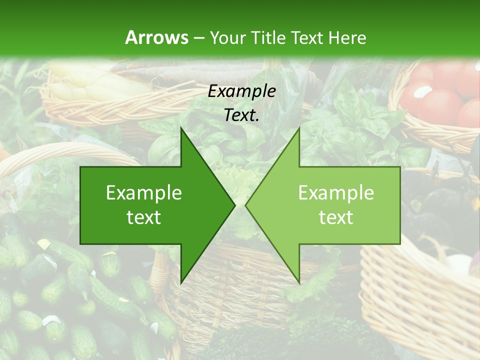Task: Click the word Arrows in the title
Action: tap(156, 37)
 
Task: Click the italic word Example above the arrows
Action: tap(242, 91)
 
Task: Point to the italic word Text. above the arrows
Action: tap(242, 115)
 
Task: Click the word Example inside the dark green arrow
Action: tap(144, 193)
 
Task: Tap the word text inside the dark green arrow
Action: tap(144, 217)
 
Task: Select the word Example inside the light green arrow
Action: tap(336, 193)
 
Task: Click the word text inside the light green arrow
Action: tap(336, 217)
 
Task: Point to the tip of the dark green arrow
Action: tap(234, 205)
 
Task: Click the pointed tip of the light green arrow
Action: tap(246, 205)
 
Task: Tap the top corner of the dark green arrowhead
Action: tap(181, 128)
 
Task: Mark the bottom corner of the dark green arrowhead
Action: tap(181, 282)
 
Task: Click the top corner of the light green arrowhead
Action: tap(299, 128)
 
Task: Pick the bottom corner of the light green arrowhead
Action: tap(299, 282)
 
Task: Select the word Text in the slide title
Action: tap(308, 37)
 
